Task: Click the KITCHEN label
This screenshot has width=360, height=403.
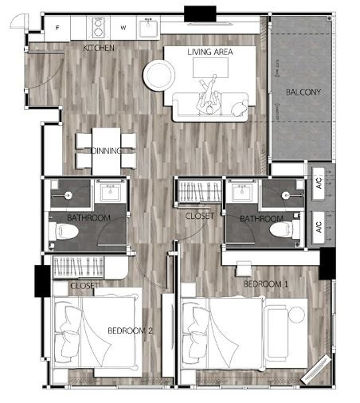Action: pos(99,48)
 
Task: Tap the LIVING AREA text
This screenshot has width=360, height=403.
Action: pos(210,52)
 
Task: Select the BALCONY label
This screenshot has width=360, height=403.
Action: pos(303,92)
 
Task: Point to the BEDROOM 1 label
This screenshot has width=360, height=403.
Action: pos(266,284)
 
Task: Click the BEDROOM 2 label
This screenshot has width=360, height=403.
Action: pos(130,331)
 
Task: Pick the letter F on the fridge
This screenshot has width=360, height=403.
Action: pos(57,28)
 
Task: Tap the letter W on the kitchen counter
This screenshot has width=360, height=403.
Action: pos(123,28)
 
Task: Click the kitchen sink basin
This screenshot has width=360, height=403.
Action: pos(148,28)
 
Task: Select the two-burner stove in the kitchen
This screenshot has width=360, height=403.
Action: pos(98,27)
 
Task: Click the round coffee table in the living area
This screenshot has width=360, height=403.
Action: pos(159,75)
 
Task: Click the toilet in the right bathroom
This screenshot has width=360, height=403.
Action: pos(284,229)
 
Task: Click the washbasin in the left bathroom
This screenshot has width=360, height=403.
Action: pos(112,192)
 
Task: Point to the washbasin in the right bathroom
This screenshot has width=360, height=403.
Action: pos(241,192)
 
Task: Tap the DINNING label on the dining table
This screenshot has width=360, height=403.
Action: pos(107,151)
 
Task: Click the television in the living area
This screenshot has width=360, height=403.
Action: pos(210,68)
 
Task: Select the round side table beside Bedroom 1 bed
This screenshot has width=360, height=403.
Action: pos(296,315)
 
